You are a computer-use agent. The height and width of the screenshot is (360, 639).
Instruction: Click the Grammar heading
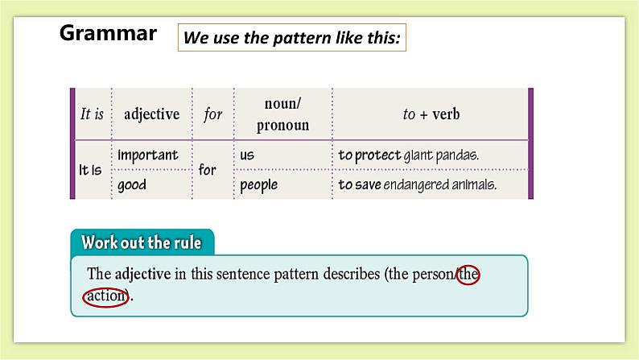[108, 33]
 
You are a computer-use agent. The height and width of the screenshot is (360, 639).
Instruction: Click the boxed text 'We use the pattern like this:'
[291, 38]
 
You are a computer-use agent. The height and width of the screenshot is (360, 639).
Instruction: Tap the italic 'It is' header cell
[93, 114]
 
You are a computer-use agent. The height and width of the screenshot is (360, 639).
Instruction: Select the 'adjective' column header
[151, 114]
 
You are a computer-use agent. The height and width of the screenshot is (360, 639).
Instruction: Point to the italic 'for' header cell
[212, 114]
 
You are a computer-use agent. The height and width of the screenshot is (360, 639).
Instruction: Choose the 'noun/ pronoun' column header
[282, 114]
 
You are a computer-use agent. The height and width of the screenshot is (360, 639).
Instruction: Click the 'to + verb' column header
[431, 114]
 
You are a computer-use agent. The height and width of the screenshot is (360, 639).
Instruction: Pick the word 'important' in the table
[148, 155]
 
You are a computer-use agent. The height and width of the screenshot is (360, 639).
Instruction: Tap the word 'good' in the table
[132, 184]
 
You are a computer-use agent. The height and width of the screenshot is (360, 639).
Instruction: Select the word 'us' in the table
[247, 155]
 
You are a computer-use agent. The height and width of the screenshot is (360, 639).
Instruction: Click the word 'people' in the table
[258, 185]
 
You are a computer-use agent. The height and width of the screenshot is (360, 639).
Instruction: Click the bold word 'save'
[370, 184]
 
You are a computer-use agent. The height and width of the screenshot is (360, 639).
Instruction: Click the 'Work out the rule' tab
[142, 242]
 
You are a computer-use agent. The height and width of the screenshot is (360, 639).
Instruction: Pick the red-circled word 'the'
[468, 274]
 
